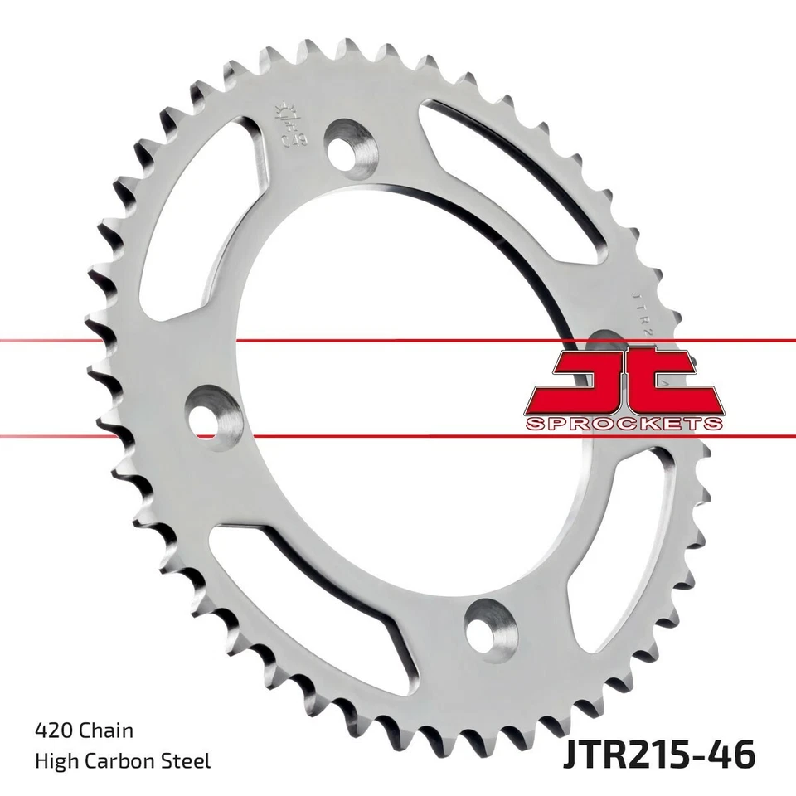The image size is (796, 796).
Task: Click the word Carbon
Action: (x=129, y=760)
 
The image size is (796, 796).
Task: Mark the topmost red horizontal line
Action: (x=249, y=340)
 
